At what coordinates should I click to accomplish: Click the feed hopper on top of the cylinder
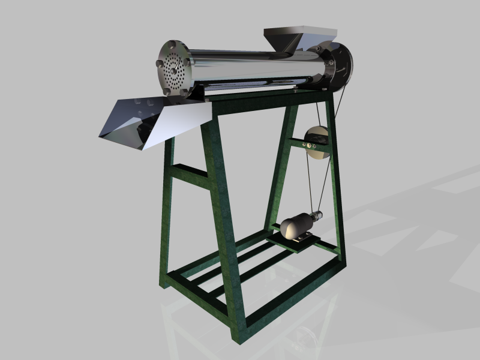pyautogui.click(x=287, y=37)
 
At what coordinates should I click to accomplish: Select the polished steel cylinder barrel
pyautogui.click(x=252, y=66)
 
